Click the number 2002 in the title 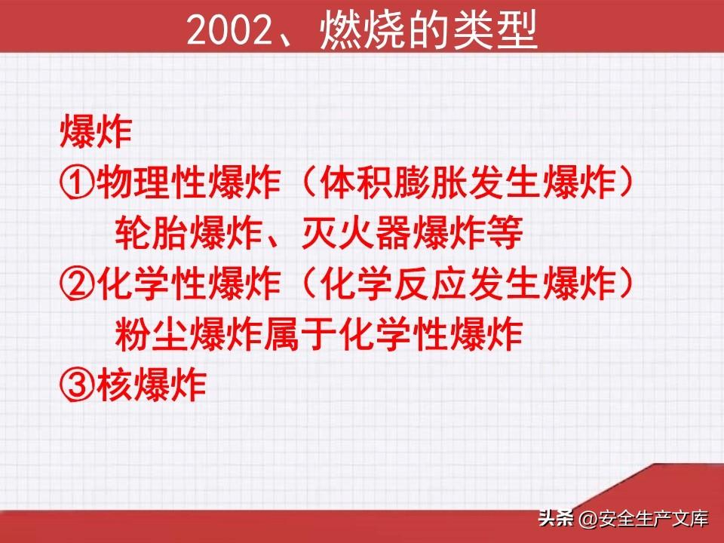pyautogui.click(x=229, y=30)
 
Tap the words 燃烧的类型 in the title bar pyautogui.click(x=428, y=29)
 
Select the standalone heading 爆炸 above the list pyautogui.click(x=96, y=131)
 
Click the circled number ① pyautogui.click(x=77, y=183)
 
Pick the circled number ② pyautogui.click(x=77, y=284)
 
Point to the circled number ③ pyautogui.click(x=77, y=385)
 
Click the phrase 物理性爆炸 pyautogui.click(x=189, y=183)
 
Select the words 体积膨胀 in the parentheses pyautogui.click(x=393, y=183)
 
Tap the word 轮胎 pyautogui.click(x=152, y=233)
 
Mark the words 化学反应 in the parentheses pyautogui.click(x=393, y=284)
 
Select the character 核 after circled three pyautogui.click(x=115, y=385)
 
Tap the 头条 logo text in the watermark pyautogui.click(x=556, y=518)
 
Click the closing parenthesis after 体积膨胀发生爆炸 pyautogui.click(x=626, y=183)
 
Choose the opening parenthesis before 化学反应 pyautogui.click(x=308, y=284)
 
